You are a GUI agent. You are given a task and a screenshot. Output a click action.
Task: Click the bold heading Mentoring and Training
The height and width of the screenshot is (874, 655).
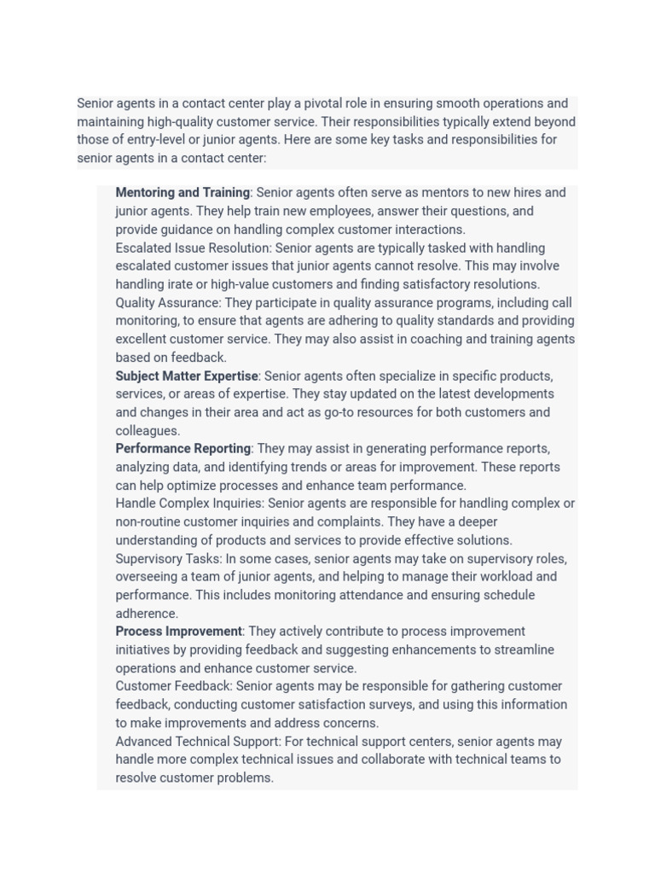tap(183, 193)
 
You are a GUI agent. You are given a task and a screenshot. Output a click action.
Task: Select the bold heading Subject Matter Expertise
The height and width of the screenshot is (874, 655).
tap(187, 376)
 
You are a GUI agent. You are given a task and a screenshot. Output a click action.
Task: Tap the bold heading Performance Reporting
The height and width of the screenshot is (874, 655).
tap(183, 449)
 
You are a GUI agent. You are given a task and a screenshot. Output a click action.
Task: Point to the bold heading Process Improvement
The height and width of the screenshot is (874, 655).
tap(179, 632)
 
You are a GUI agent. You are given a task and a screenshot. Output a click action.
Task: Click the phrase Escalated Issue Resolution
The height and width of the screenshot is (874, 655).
tap(193, 248)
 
